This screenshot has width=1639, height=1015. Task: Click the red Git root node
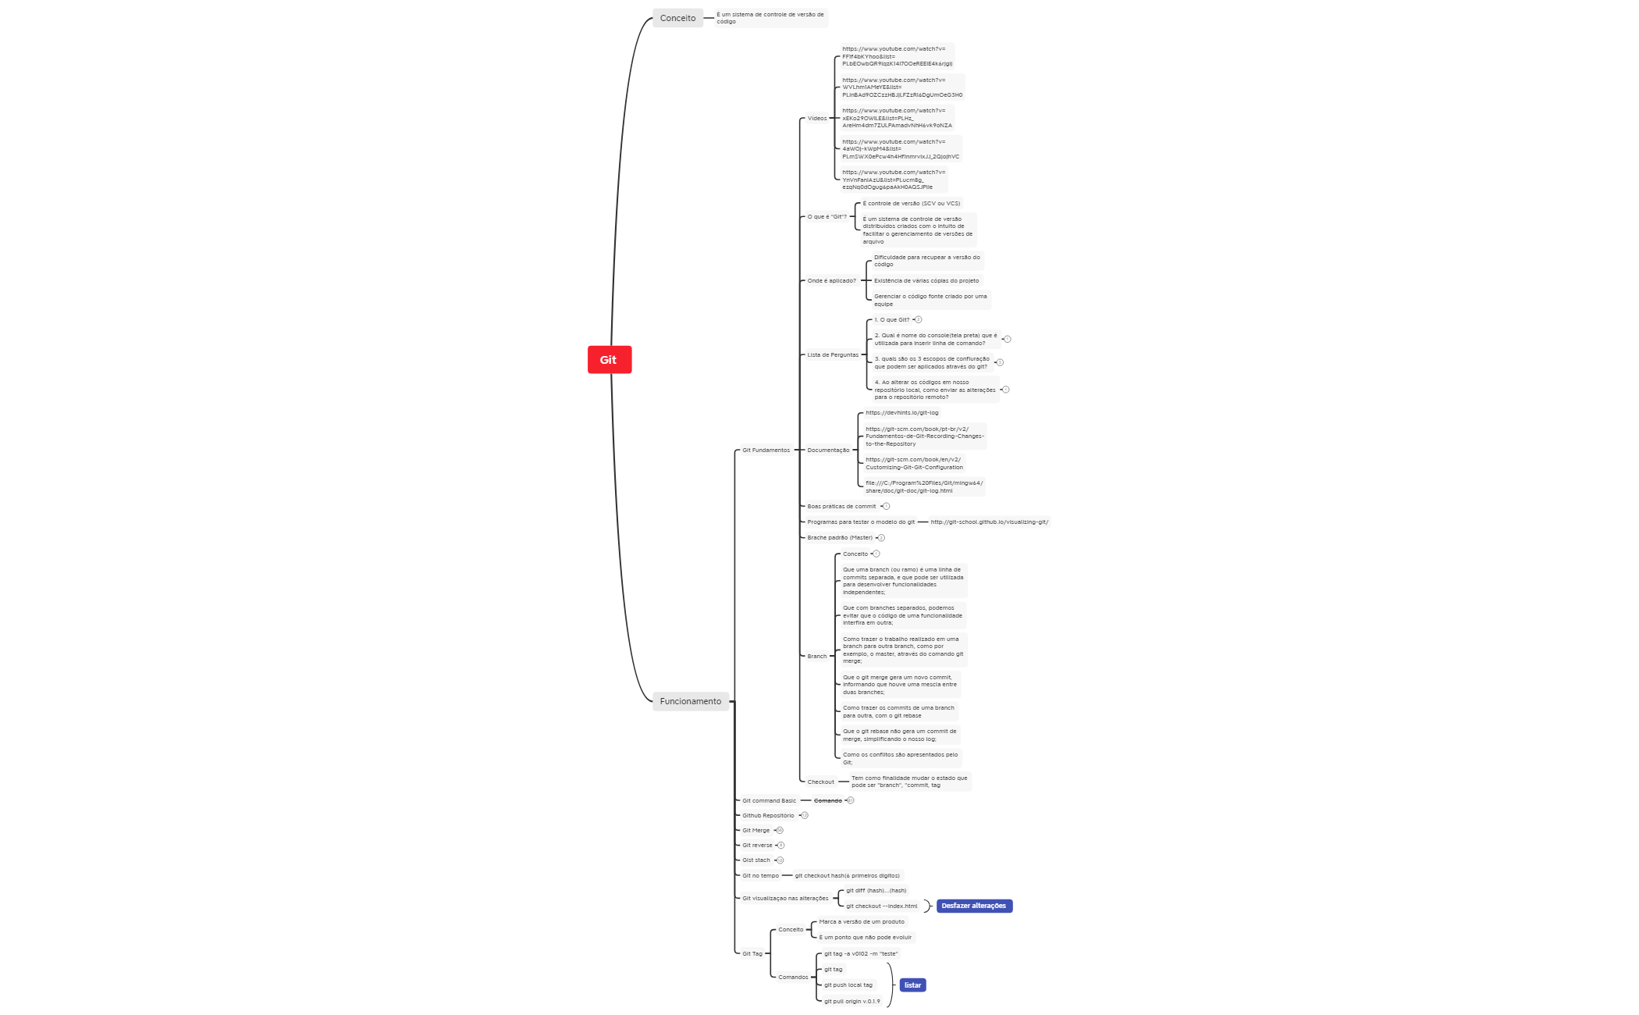coord(609,360)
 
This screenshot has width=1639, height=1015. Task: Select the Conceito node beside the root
coord(677,18)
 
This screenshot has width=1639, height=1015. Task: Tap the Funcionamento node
coord(691,701)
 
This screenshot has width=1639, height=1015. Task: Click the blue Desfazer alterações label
coord(973,906)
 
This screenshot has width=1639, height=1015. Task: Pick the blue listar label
coord(912,985)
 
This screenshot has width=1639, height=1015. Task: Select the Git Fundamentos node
coord(766,451)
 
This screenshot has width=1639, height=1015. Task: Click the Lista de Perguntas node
coord(832,355)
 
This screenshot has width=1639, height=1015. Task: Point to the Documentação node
coord(828,451)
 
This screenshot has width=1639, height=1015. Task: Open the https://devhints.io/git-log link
coord(901,413)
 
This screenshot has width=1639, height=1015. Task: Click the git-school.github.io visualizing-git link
coord(989,522)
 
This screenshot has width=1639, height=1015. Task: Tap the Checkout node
coord(820,782)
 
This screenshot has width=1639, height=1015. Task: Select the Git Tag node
coord(752,954)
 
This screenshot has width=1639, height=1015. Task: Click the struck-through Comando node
coord(827,801)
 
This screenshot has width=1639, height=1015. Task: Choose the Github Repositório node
coord(768,816)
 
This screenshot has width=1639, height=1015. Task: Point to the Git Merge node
coord(756,831)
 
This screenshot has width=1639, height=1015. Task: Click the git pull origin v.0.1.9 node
coord(851,1002)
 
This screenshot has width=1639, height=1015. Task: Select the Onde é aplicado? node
coord(831,281)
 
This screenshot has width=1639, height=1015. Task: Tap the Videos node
coord(816,119)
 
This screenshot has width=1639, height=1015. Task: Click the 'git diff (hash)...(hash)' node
coord(876,891)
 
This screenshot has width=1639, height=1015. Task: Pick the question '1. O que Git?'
coord(891,320)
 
